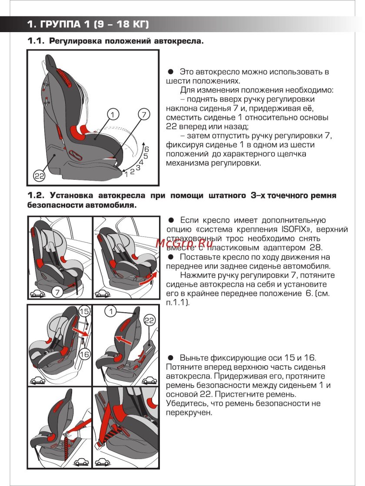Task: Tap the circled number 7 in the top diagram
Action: [x=144, y=115]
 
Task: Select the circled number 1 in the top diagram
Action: [x=113, y=115]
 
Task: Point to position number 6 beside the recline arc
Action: [x=146, y=149]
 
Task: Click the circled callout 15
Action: [x=84, y=311]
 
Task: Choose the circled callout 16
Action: [x=84, y=354]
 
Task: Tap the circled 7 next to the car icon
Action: [x=58, y=292]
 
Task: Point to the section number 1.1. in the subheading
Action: [x=36, y=41]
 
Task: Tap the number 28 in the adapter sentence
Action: [x=315, y=248]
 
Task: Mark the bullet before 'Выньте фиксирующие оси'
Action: [x=171, y=357]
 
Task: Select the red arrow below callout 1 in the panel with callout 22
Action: [x=124, y=340]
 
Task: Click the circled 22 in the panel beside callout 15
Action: [x=149, y=321]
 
